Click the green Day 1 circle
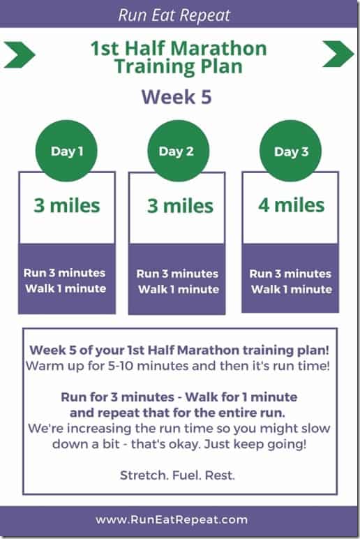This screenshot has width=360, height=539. coord(66,151)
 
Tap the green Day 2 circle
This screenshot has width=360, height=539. coord(179,151)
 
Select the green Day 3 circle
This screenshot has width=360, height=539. coord(291,151)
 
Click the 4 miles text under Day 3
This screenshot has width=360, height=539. coord(292,205)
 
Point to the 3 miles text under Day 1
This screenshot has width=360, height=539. coord(67,205)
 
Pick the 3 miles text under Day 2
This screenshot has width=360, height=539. coord(180,206)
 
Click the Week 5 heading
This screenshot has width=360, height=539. coord(177,97)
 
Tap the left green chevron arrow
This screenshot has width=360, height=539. coord(20,54)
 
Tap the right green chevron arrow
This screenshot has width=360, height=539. coord(338,54)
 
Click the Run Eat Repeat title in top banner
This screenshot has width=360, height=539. coord(174,15)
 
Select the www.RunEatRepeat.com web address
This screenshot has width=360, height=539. coord(172,519)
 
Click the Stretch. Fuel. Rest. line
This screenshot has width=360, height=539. coord(177,475)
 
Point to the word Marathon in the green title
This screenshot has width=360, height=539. coord(218,48)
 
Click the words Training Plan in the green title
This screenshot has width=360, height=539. coord(179,66)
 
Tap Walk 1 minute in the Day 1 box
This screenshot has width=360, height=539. coord(66,288)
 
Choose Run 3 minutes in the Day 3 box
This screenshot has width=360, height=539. coord(290,274)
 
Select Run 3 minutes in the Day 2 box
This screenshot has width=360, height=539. coord(177,274)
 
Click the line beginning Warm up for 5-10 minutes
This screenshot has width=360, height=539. coord(178,366)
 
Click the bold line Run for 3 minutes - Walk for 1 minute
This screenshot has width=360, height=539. coord(179,397)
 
